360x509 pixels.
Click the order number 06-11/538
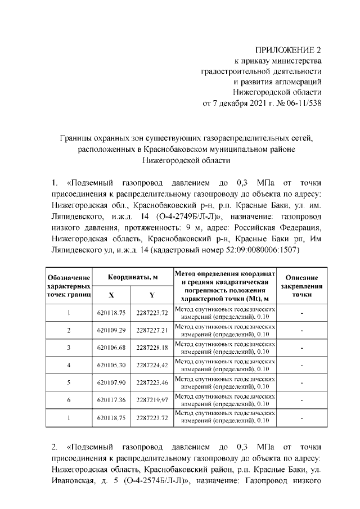pyautogui.click(x=301, y=103)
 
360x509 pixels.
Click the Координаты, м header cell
pyautogui.click(x=132, y=277)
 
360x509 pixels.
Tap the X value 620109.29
pyautogui.click(x=111, y=330)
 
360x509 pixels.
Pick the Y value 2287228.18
pyautogui.click(x=152, y=348)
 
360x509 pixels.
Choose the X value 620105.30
pyautogui.click(x=111, y=366)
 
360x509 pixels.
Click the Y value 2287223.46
pyautogui.click(x=152, y=383)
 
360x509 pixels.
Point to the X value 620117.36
pyautogui.click(x=111, y=400)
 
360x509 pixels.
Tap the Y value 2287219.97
pyautogui.click(x=152, y=400)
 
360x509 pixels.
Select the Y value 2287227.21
pyautogui.click(x=152, y=330)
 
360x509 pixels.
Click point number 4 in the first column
pyautogui.click(x=69, y=366)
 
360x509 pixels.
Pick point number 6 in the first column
pyautogui.click(x=69, y=400)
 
